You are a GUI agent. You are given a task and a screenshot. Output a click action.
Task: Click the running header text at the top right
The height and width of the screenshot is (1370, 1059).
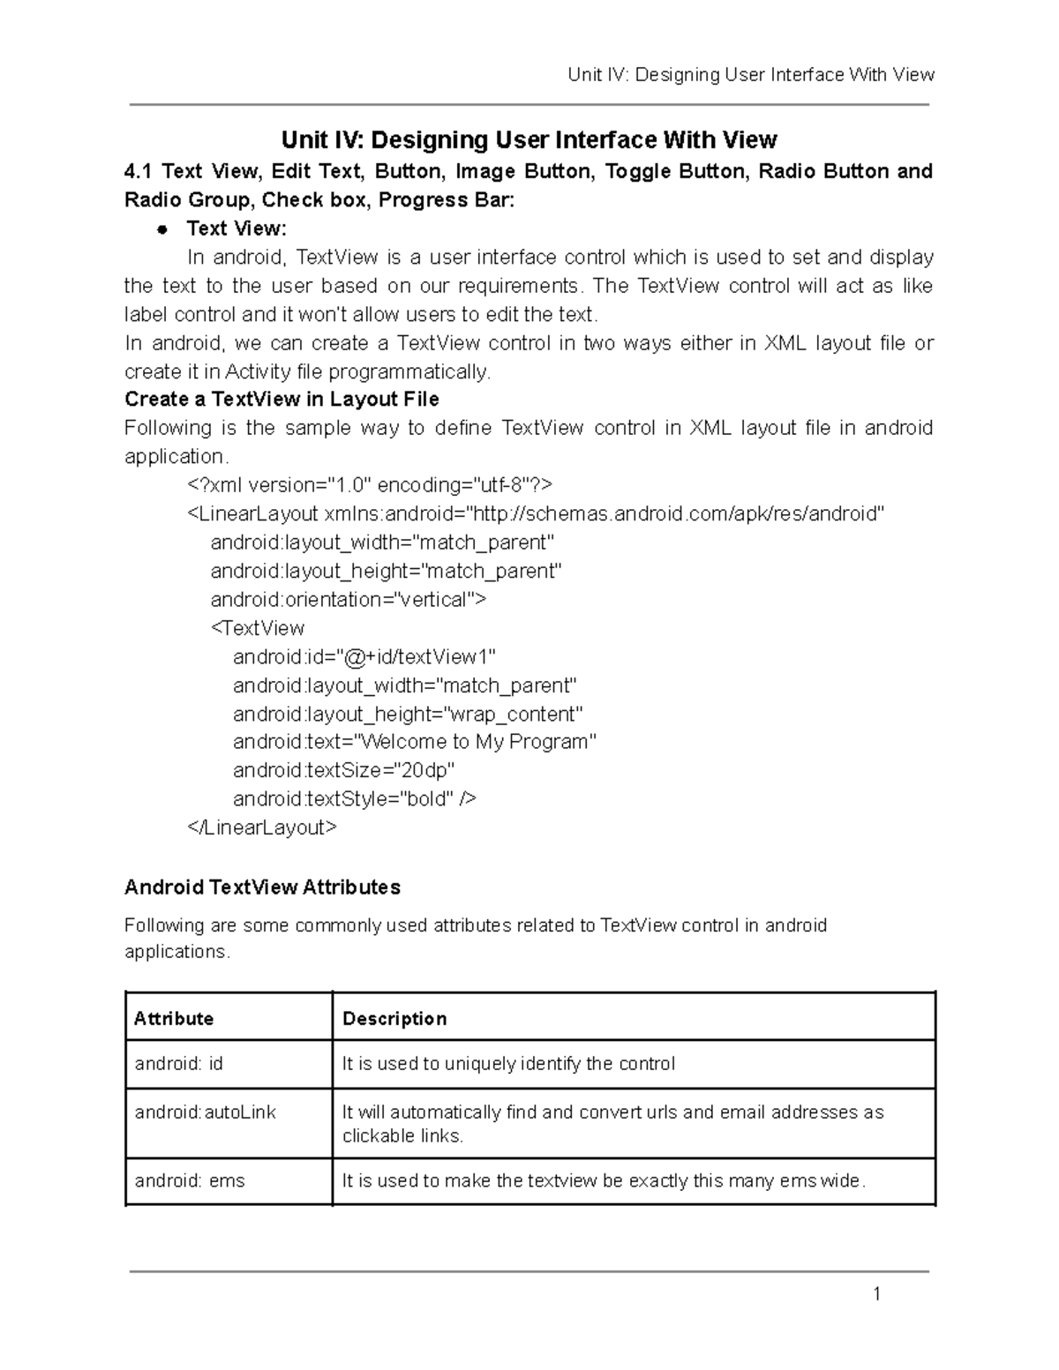750,75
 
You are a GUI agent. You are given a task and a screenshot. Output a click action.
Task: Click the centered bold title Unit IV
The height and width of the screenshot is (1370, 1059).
529,140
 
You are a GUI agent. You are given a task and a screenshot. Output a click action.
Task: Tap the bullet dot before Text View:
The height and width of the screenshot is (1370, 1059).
161,229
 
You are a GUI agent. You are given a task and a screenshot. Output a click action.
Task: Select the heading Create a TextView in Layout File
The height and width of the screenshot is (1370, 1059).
282,400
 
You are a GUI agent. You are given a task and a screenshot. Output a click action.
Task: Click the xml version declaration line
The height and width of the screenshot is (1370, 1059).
370,485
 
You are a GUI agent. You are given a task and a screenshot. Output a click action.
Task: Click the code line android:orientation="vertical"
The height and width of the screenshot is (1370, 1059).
348,600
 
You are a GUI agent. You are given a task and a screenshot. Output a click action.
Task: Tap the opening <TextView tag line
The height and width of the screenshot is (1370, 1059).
258,628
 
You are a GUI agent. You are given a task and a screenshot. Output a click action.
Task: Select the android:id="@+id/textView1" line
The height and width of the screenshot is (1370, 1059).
364,657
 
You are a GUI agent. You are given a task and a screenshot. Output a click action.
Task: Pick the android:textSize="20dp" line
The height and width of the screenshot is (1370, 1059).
343,770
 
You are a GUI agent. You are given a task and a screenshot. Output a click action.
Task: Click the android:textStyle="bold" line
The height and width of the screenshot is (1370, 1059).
354,799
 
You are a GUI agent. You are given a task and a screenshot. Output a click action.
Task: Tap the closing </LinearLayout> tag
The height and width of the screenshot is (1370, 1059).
261,827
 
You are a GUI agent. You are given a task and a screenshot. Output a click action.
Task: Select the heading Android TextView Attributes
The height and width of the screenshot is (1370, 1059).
262,887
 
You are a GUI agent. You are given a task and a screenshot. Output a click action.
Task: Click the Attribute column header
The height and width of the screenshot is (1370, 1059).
174,1019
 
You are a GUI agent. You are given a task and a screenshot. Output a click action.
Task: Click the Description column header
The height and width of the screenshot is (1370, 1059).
394,1019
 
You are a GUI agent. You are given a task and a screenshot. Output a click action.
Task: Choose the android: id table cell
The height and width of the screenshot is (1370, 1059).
179,1064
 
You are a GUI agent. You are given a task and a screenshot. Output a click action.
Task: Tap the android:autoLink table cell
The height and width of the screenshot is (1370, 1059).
206,1112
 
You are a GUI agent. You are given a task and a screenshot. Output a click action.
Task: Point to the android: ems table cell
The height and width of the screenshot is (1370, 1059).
190,1181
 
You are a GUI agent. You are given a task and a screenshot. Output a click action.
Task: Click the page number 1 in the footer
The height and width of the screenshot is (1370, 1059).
876,1295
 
